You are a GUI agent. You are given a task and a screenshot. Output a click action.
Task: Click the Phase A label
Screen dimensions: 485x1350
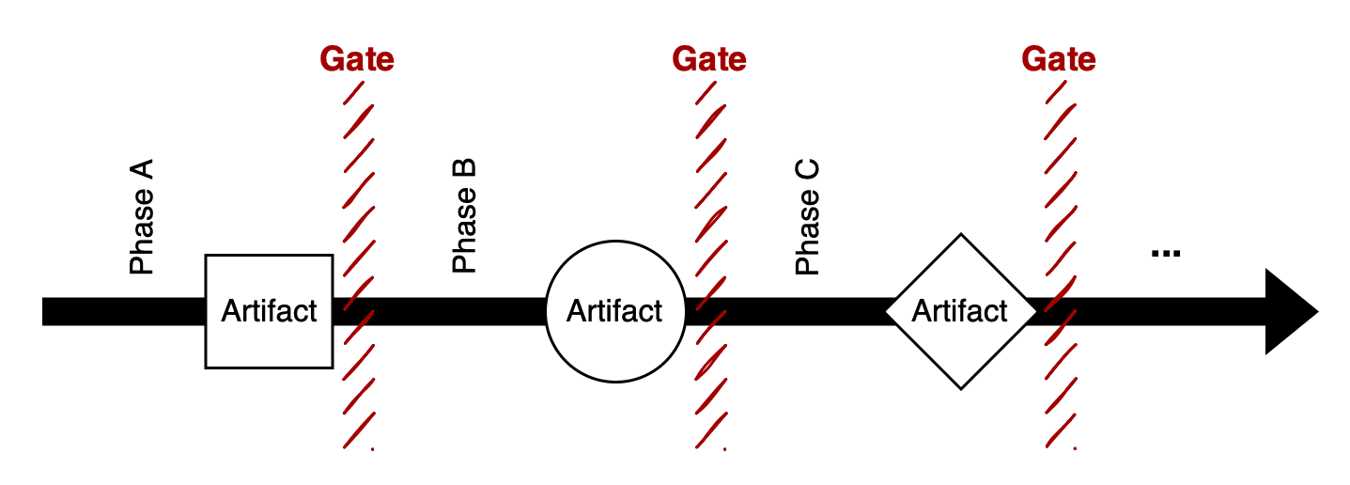tap(142, 218)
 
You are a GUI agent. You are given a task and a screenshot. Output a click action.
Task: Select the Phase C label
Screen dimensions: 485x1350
tap(808, 218)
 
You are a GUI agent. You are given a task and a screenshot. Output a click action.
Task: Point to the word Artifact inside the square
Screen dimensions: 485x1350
tap(270, 311)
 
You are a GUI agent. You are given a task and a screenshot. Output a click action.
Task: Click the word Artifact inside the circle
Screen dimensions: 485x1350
tap(615, 311)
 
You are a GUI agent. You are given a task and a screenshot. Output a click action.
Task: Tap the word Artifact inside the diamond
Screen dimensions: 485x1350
tap(960, 311)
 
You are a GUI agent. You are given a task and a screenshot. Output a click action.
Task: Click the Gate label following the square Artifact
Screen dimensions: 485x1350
tap(357, 59)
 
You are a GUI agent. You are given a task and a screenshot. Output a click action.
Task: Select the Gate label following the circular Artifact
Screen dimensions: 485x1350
tap(709, 59)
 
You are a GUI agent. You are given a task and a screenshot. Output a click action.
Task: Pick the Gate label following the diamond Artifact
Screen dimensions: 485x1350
tap(1059, 59)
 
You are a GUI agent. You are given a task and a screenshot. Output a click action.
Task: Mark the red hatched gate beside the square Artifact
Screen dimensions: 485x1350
tap(358, 188)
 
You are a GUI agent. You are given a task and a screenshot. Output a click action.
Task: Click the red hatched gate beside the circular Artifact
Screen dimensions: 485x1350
tap(710, 188)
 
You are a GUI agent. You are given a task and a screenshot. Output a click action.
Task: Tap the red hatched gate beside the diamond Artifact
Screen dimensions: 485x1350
tap(1060, 188)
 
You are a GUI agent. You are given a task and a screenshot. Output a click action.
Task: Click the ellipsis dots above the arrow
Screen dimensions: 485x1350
tap(1165, 253)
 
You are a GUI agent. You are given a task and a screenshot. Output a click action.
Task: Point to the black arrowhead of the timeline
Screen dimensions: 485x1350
tap(1292, 311)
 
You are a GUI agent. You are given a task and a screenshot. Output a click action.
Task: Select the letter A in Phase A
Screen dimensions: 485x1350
tap(142, 172)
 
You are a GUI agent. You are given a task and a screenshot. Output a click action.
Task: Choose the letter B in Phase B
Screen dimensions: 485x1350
tap(465, 171)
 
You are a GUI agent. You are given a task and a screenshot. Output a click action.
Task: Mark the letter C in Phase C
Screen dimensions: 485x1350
tap(808, 172)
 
